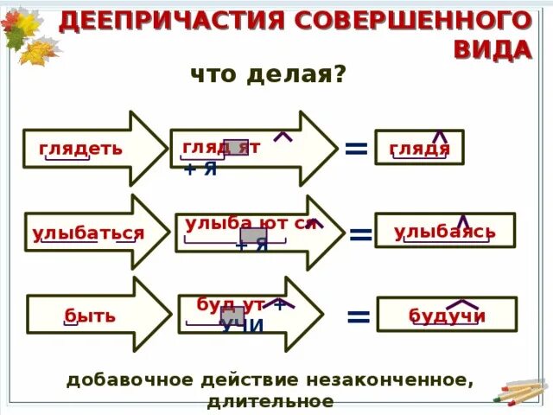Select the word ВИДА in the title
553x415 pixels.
(x=493, y=49)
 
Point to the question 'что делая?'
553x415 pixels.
(x=268, y=75)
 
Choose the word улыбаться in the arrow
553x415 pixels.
(x=88, y=233)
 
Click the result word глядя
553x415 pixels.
(x=420, y=148)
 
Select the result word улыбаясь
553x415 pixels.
(x=445, y=232)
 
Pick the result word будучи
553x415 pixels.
(x=447, y=316)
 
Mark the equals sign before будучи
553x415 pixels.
(x=358, y=316)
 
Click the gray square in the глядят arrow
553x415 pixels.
(x=236, y=147)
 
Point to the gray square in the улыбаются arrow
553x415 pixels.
(x=252, y=235)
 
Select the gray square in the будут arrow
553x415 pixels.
(x=232, y=316)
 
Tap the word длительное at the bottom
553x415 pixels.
(x=270, y=401)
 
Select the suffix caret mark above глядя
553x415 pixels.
(x=440, y=135)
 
